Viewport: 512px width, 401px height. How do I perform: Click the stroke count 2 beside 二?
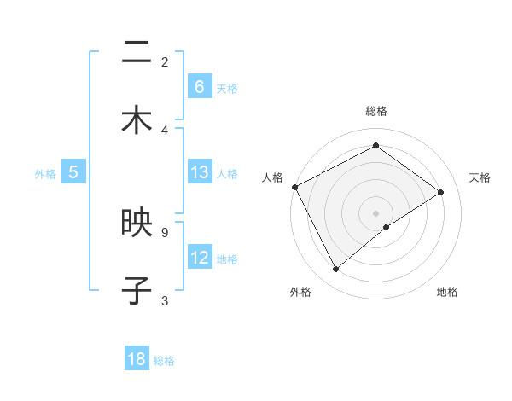[x=165, y=61]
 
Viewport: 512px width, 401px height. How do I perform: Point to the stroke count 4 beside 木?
[x=165, y=130]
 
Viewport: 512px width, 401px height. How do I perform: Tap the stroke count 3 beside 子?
[x=165, y=300]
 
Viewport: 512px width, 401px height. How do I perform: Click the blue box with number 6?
[x=200, y=86]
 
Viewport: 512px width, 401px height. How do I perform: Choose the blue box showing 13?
[x=200, y=172]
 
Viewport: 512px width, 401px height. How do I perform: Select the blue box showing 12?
[x=200, y=258]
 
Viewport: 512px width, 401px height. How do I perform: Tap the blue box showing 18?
[x=137, y=359]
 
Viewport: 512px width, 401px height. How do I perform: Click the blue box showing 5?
[x=73, y=172]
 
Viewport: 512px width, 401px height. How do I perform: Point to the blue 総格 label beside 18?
[x=164, y=361]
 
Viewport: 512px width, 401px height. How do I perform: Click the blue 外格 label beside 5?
[x=45, y=174]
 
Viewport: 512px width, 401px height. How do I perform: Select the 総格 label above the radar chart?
[x=375, y=112]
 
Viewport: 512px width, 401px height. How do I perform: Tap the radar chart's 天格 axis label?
[x=480, y=177]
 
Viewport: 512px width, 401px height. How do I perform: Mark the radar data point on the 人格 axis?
[x=294, y=187]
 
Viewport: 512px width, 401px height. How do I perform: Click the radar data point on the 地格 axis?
[x=387, y=227]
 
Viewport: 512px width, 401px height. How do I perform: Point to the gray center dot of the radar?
[x=375, y=212]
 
